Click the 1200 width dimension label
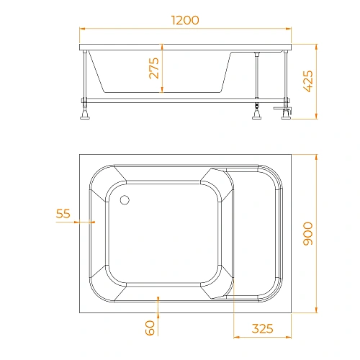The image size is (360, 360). point(185,20)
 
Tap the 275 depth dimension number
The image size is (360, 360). point(154,68)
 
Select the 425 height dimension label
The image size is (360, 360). point(309,81)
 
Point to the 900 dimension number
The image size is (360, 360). point(308,234)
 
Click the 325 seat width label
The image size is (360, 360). point(263,328)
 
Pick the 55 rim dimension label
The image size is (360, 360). point(63,213)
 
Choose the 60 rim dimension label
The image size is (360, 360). point(150,328)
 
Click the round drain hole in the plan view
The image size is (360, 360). point(125,200)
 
